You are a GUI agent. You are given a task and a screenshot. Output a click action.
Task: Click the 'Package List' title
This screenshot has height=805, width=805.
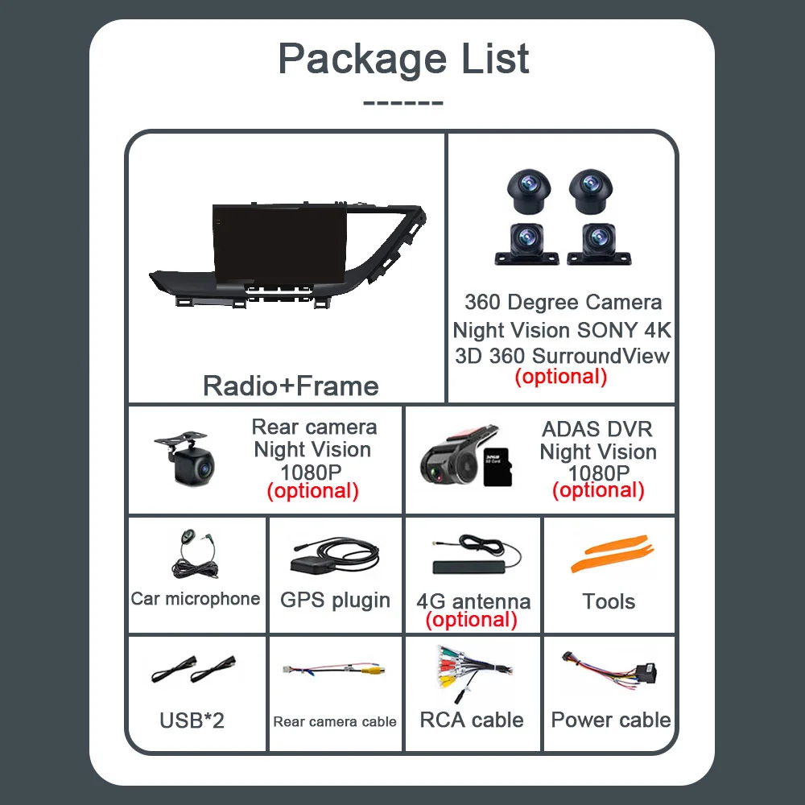[403, 60]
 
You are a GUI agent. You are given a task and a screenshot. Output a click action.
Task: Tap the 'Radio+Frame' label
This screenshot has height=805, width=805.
[291, 386]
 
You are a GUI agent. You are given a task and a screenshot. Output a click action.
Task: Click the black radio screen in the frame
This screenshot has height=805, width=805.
[280, 245]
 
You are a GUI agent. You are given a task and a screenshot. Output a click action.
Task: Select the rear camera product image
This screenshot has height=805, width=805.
[186, 459]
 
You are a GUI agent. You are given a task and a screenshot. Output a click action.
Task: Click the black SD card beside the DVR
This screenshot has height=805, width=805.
[497, 467]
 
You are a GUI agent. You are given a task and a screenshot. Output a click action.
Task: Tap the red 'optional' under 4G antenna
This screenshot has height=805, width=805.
[471, 620]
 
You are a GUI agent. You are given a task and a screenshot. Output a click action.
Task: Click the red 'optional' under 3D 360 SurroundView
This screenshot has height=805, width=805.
[561, 376]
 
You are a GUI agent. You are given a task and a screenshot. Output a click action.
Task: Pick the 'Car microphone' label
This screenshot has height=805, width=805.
[195, 599]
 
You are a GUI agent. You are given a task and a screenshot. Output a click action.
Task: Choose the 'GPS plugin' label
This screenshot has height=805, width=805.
[335, 601]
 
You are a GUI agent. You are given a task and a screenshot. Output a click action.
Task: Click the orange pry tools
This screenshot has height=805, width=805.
[612, 554]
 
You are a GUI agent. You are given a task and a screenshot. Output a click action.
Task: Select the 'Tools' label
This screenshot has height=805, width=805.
[609, 601]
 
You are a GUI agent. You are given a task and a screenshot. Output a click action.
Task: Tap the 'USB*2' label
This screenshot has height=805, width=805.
[192, 720]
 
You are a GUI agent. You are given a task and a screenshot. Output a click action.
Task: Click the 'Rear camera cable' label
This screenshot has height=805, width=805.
[335, 722]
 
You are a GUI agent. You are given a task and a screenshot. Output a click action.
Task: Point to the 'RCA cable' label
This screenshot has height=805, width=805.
[472, 720]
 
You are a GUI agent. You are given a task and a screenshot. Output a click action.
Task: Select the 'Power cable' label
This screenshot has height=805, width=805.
[611, 720]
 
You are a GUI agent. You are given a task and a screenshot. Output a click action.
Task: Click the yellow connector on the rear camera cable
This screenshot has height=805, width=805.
[374, 670]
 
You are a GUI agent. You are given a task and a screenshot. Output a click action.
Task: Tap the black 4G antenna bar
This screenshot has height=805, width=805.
[469, 568]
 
